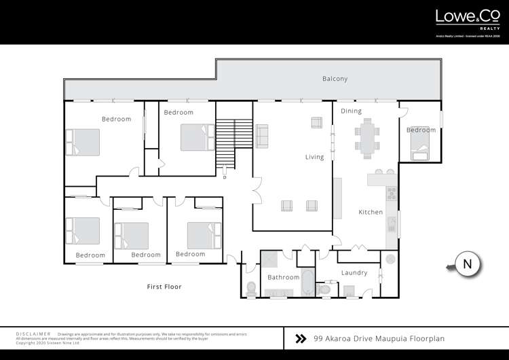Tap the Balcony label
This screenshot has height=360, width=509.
pos(335,79)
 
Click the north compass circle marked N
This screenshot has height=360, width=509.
pos(467,264)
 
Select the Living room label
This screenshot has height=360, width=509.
pos(314,157)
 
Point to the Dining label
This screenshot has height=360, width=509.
pos(351,111)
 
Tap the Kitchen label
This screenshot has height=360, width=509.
pos(371,212)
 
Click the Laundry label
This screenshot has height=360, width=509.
pos(354,272)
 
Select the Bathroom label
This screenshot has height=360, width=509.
pos(283,277)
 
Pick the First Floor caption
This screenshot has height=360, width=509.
pos(164,287)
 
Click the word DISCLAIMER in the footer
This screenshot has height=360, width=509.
pos(33,334)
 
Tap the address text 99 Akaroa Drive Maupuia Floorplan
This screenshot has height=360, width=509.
pos(379,338)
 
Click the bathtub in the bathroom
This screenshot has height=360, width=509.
pos(307,283)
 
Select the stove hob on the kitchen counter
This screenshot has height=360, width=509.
pos(392,194)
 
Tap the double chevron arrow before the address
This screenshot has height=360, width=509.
pos(301,338)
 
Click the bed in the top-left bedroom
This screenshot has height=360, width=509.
pos(83,142)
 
